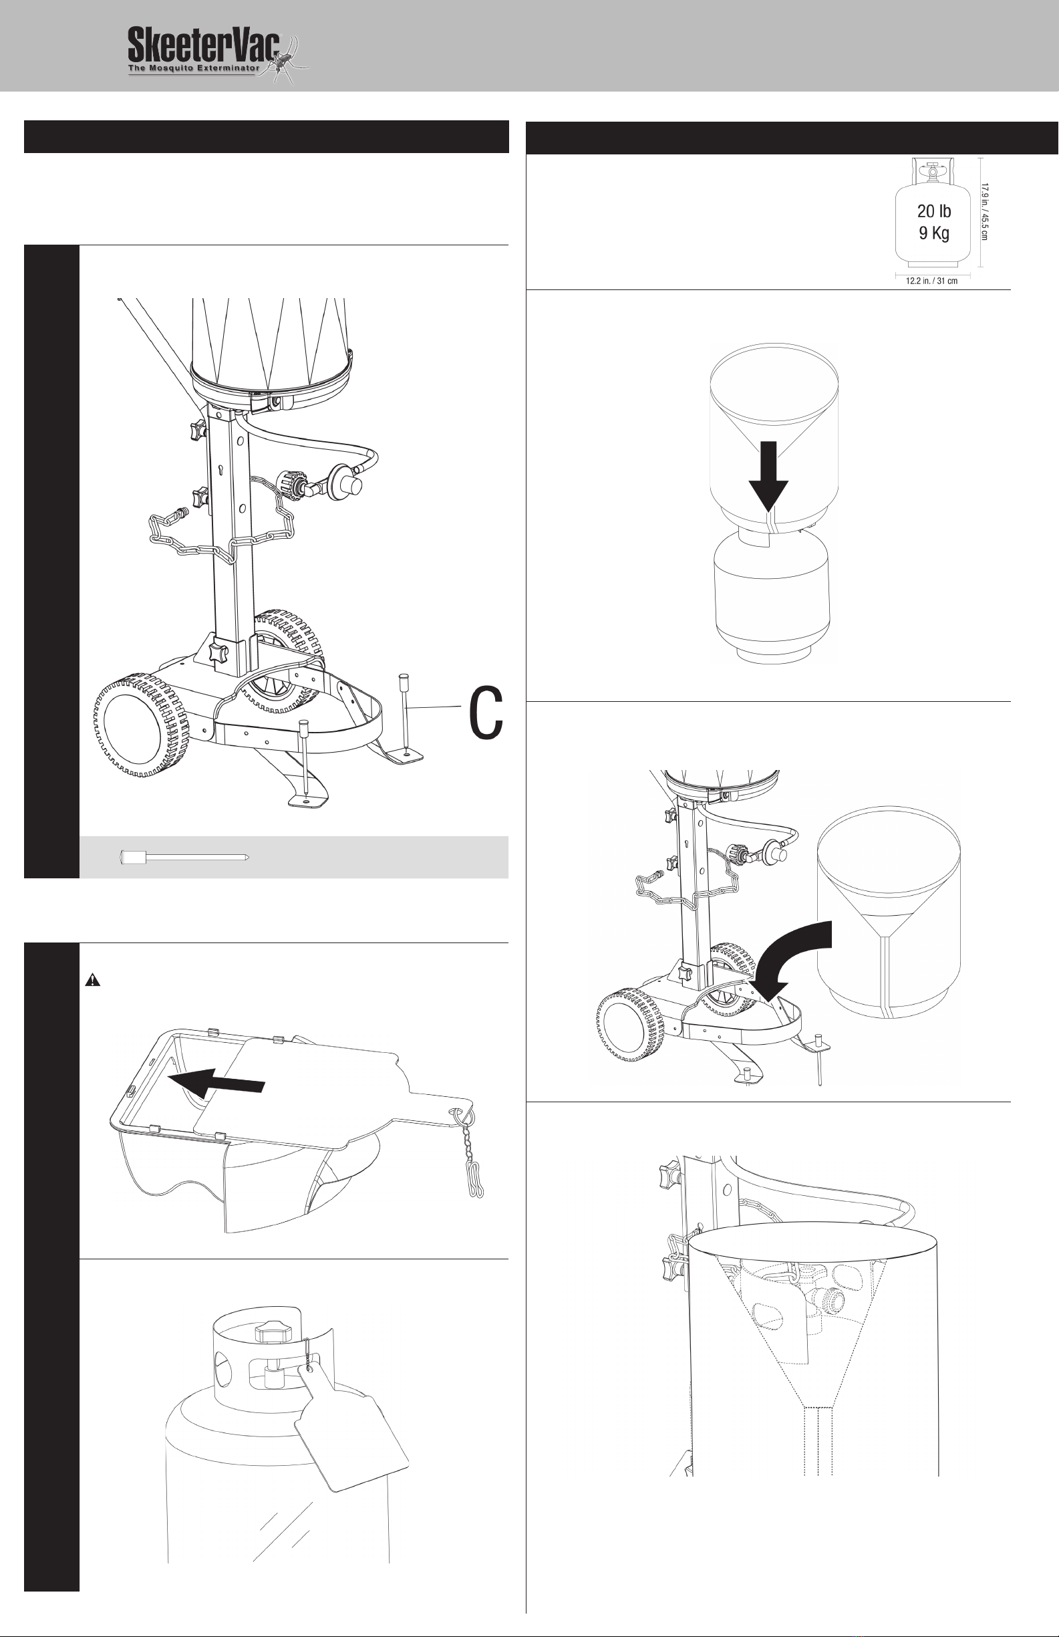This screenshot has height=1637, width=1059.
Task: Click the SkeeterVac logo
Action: click(218, 55)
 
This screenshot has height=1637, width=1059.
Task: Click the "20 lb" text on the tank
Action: click(934, 211)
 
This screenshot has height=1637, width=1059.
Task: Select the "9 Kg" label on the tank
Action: click(934, 233)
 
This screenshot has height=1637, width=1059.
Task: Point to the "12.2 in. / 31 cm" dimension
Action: click(932, 281)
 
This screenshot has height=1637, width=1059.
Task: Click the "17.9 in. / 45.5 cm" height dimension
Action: click(985, 212)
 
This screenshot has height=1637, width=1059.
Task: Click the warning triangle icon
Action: click(92, 981)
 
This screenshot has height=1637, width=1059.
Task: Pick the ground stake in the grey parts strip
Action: click(184, 857)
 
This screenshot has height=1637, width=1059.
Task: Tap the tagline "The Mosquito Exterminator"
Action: click(192, 69)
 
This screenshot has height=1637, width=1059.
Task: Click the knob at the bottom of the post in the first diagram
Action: click(219, 653)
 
